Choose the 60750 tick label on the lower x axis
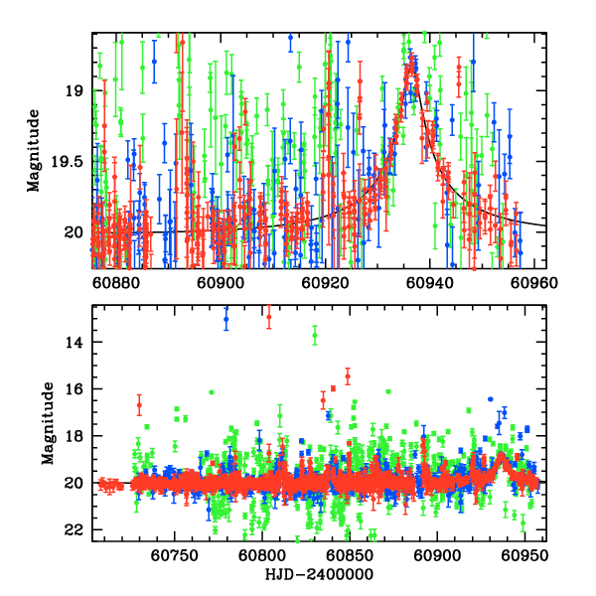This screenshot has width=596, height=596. click(x=173, y=554)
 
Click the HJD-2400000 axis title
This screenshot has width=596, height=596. click(x=318, y=574)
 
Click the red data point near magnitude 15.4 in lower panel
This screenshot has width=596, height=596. click(x=348, y=375)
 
